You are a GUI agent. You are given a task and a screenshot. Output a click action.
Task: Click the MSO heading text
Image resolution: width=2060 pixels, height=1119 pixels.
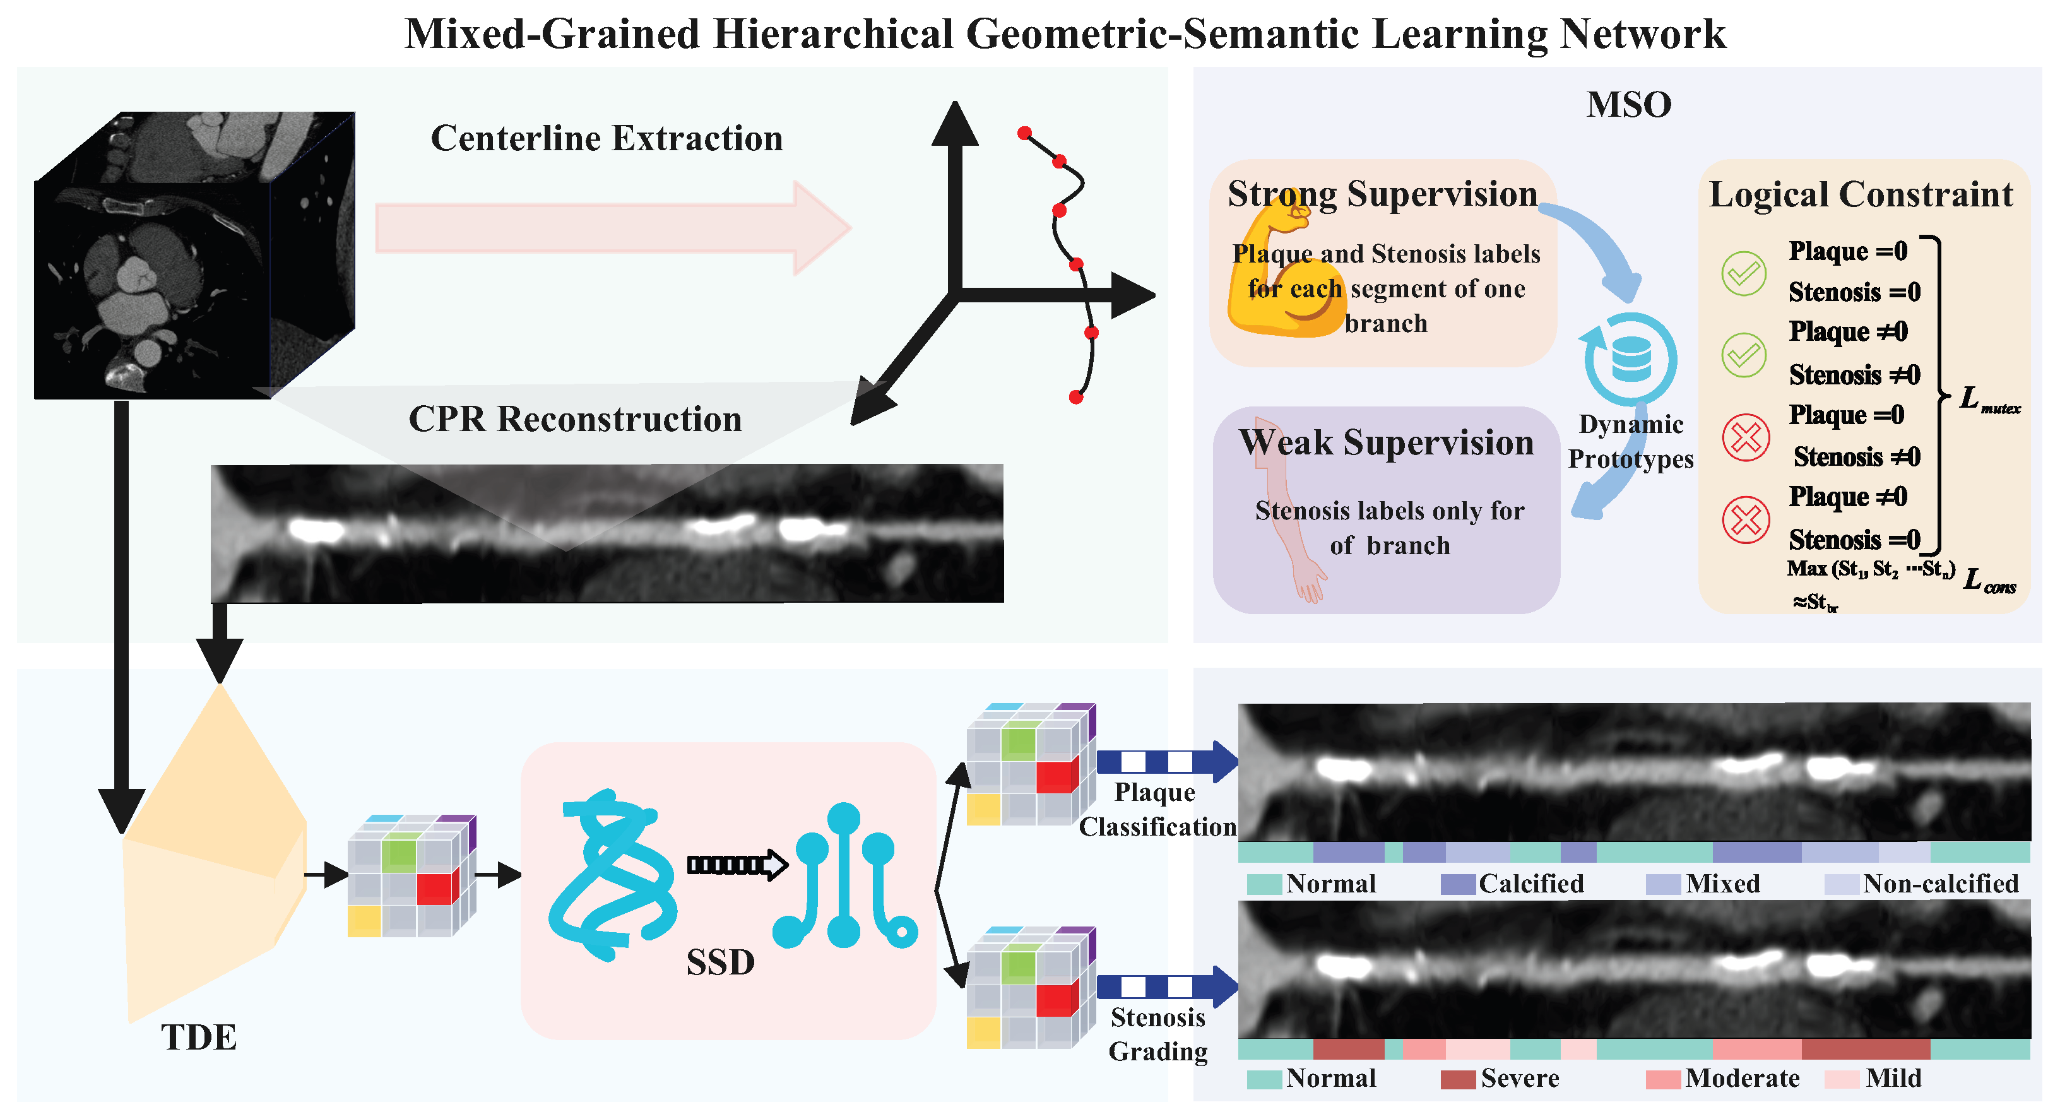click(x=1628, y=105)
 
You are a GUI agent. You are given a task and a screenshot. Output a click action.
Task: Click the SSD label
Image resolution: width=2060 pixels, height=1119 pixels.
click(x=719, y=962)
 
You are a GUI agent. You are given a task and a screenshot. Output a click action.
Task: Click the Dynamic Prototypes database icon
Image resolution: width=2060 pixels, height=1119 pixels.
click(x=1631, y=359)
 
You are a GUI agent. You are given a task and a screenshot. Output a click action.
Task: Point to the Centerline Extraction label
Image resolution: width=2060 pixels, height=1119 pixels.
click(x=606, y=138)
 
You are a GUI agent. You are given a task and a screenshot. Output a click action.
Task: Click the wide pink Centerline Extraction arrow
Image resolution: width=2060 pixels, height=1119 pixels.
click(x=612, y=228)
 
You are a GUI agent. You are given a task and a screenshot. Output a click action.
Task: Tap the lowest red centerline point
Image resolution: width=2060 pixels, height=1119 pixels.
click(x=1075, y=397)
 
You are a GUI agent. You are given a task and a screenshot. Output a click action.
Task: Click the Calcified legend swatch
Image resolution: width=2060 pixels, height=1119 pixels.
click(x=1457, y=884)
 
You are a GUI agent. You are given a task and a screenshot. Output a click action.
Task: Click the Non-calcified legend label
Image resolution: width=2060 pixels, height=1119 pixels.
click(x=1941, y=884)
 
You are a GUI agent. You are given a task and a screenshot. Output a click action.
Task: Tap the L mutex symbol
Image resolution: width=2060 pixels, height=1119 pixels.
click(x=1988, y=400)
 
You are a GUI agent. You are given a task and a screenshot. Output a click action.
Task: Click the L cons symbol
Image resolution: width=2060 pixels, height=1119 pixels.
click(x=1989, y=581)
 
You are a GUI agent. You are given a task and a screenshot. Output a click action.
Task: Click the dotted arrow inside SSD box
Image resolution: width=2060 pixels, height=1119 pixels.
click(x=737, y=865)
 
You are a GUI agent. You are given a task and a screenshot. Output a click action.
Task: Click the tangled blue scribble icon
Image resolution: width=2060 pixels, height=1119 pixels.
click(x=612, y=876)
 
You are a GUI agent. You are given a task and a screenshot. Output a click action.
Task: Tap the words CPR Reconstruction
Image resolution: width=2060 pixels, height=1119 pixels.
click(x=575, y=419)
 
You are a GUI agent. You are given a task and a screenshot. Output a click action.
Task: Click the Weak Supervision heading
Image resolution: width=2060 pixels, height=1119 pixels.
click(x=1386, y=442)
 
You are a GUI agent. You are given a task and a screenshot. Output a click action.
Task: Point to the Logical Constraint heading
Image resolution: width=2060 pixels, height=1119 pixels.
click(x=1860, y=194)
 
